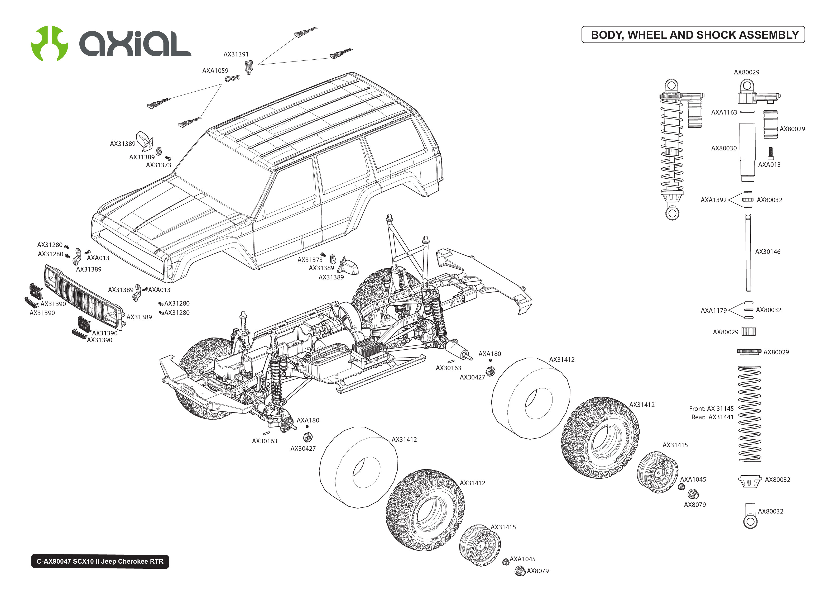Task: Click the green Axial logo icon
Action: point(49,43)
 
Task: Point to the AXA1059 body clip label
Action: point(215,71)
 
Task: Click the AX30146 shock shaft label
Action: point(767,252)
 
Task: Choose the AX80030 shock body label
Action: point(724,148)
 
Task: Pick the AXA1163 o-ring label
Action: point(724,112)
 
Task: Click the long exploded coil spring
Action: point(750,413)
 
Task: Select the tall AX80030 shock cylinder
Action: point(747,152)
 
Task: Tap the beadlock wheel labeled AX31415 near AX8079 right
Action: point(657,472)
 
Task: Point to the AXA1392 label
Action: point(713,200)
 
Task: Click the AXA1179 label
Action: point(713,311)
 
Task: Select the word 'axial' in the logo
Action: point(135,44)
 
